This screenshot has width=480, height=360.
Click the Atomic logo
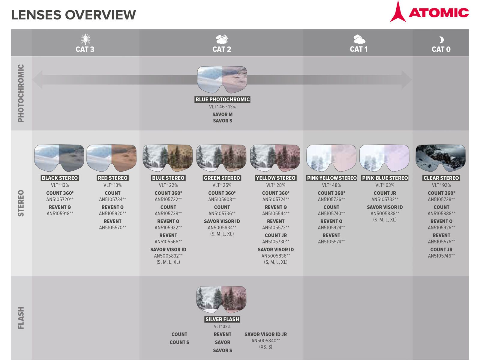[x=429, y=12]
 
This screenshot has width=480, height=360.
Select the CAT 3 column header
[x=85, y=49]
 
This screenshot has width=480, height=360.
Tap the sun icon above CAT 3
[x=85, y=39]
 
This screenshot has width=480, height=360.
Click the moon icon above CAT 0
[x=441, y=40]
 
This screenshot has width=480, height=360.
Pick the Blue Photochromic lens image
[x=222, y=79]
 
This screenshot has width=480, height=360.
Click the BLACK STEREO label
[x=60, y=178]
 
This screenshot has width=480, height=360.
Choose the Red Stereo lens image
[x=112, y=158]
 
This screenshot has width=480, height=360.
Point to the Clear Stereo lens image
[x=440, y=158]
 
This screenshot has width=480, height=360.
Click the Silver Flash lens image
[x=221, y=299]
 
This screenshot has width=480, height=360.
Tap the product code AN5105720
[x=60, y=199]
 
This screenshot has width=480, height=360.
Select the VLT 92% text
[x=441, y=185]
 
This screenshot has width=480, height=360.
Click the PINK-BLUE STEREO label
[x=385, y=178]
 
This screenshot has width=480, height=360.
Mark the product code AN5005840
[x=265, y=341]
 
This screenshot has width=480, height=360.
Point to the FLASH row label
[x=21, y=318]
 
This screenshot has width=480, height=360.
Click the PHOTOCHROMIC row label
[x=21, y=93]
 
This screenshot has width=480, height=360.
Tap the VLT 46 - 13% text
[x=222, y=107]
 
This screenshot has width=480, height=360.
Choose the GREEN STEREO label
[x=222, y=178]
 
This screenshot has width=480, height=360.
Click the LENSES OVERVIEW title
[x=73, y=15]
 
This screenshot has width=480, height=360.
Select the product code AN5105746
[x=441, y=256]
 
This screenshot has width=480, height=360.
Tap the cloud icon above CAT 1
[x=359, y=39]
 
